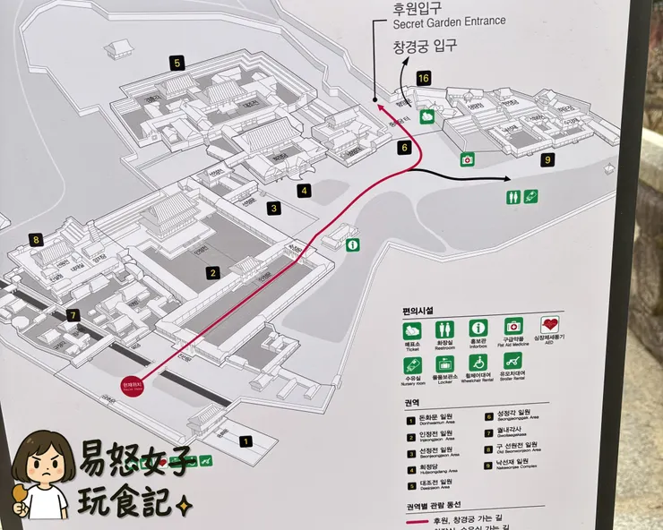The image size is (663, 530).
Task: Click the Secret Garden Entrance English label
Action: [448, 21]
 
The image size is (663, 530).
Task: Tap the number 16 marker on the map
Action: [423, 79]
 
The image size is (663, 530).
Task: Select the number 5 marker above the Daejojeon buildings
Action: [177, 63]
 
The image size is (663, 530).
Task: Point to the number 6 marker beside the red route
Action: [404, 147]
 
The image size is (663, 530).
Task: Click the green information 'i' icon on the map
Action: [352, 244]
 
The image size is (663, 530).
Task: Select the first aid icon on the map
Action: [466, 160]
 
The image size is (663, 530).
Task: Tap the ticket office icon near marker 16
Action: [428, 115]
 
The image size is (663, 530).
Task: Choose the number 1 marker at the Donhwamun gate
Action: [245, 440]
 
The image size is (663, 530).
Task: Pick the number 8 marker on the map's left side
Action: [36, 239]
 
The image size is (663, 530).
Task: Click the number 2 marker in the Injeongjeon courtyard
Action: [212, 273]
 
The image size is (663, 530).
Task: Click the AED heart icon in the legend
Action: [549, 327]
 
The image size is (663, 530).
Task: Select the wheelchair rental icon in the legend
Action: [479, 363]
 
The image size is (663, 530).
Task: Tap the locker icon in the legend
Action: [444, 363]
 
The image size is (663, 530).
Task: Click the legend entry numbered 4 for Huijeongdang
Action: [409, 466]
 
